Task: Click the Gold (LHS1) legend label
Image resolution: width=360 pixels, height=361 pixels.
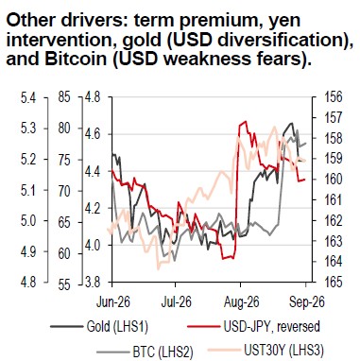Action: (x=117, y=327)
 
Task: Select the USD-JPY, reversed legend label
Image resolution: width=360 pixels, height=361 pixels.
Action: (x=271, y=326)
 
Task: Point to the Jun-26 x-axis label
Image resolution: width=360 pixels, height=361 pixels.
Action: (x=113, y=302)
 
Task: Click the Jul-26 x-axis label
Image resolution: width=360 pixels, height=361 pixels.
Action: (x=176, y=302)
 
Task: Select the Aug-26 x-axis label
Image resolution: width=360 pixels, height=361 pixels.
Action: (x=242, y=302)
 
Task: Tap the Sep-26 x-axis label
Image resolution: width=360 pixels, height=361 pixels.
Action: (x=307, y=302)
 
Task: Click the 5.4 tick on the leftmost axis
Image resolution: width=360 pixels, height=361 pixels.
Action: (x=28, y=98)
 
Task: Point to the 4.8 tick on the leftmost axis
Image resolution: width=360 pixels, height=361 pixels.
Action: (x=28, y=283)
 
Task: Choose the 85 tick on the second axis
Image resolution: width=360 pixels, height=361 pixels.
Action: (x=64, y=98)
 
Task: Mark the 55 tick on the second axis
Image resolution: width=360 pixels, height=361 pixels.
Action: (x=64, y=284)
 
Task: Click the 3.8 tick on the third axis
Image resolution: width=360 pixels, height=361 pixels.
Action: (x=93, y=282)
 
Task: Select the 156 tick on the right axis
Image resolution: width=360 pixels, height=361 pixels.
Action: (x=334, y=97)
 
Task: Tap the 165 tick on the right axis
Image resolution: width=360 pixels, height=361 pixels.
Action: (x=334, y=282)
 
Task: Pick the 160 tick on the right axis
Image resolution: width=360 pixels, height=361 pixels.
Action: (x=334, y=180)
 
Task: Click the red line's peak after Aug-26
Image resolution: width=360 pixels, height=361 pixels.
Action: (x=246, y=121)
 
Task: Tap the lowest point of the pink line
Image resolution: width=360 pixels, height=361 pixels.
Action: (x=159, y=269)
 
